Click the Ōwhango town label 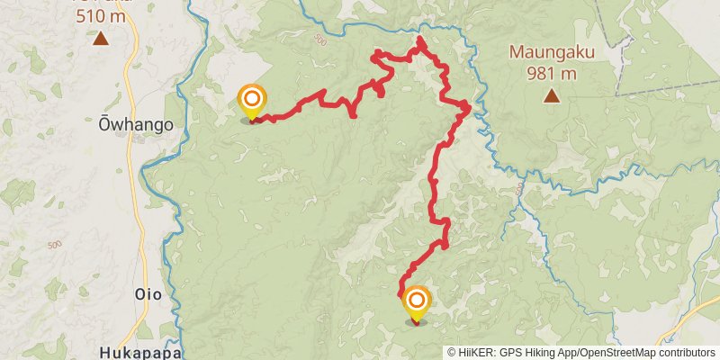point(135,126)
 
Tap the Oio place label point(148,294)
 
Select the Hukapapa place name point(141,352)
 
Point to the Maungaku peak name point(552,51)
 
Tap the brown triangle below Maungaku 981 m point(551,96)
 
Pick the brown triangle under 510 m point(101,39)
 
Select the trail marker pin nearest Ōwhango point(252,99)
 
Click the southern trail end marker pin point(417,301)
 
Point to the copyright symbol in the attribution point(452,353)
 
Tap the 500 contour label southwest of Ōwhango point(53,245)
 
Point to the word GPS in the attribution point(510,353)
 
